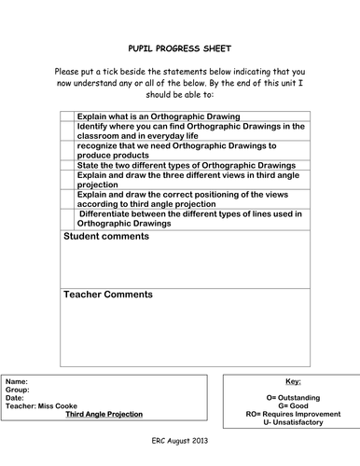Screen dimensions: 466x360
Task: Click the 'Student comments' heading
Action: (x=105, y=237)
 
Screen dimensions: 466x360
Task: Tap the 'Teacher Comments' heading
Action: (x=108, y=295)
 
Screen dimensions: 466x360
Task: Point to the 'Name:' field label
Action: (x=17, y=382)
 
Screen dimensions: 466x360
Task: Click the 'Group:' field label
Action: (x=18, y=391)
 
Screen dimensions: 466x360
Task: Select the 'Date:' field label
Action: (x=16, y=398)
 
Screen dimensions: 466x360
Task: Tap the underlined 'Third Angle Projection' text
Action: (x=104, y=414)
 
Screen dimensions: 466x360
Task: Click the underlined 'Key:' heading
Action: (x=291, y=381)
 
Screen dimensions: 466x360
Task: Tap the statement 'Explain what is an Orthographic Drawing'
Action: (x=158, y=116)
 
